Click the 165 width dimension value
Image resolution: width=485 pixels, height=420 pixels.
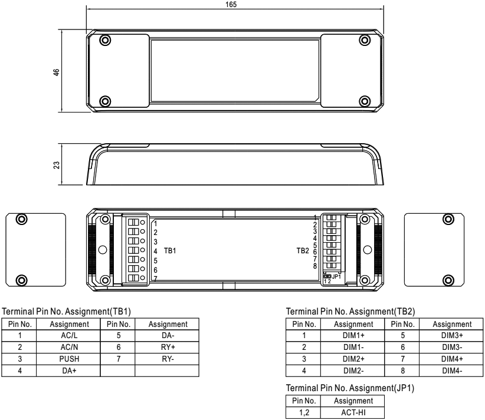click(231, 4)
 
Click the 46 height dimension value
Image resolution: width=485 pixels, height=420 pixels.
click(56, 72)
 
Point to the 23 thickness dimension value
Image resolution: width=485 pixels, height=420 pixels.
click(56, 165)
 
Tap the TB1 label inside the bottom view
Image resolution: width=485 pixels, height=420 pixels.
click(170, 250)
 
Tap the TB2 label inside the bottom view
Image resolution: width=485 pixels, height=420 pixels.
click(303, 250)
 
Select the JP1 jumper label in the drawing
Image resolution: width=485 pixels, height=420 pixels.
click(336, 276)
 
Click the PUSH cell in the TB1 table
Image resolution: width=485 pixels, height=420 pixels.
click(69, 359)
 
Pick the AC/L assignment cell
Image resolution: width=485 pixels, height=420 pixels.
click(69, 335)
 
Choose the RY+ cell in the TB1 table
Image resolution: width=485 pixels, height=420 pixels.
click(168, 347)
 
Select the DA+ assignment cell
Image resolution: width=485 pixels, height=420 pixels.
click(69, 371)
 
